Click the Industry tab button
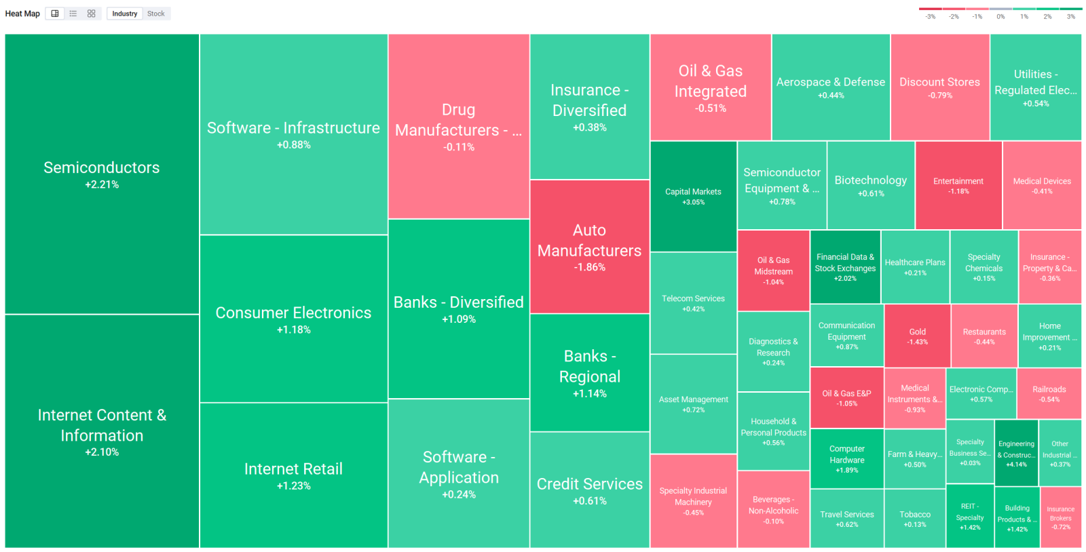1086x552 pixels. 125,14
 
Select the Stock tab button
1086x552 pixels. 155,14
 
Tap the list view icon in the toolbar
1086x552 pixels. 73,14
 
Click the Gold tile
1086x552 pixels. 917,336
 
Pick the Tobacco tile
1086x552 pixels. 915,519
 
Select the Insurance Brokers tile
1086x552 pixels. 1061,517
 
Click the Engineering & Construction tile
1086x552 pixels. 1016,453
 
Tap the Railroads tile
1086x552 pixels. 1049,394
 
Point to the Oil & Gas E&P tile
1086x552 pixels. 846,398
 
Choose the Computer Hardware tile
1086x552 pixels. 846,459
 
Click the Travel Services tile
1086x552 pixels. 846,519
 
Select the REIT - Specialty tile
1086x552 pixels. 970,516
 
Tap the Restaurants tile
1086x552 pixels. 984,336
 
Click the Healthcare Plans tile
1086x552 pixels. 915,267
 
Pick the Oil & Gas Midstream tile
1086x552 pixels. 773,271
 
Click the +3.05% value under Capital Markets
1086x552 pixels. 693,202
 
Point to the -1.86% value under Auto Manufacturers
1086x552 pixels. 590,267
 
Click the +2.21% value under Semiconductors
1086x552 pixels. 102,184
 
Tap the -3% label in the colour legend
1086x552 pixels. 930,16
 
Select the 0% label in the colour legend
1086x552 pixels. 1000,16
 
